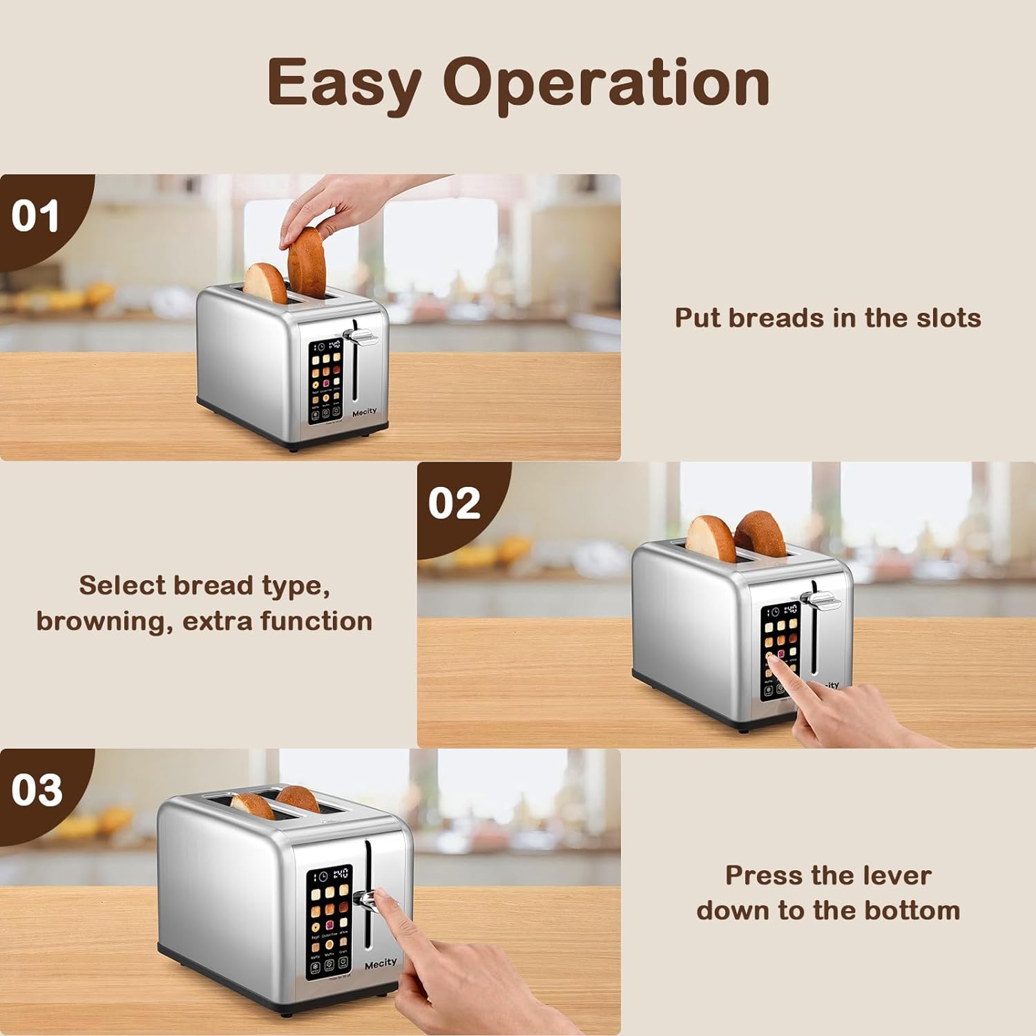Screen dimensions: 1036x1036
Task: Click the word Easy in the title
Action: pyautogui.click(x=343, y=83)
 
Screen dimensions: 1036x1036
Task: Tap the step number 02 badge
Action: pyautogui.click(x=454, y=503)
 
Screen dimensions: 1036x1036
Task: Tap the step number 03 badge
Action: pyautogui.click(x=37, y=790)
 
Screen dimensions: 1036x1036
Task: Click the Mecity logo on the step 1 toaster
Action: pyautogui.click(x=365, y=412)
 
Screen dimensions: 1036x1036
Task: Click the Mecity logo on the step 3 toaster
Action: pyautogui.click(x=381, y=963)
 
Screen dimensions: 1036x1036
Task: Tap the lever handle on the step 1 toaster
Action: pyautogui.click(x=364, y=338)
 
